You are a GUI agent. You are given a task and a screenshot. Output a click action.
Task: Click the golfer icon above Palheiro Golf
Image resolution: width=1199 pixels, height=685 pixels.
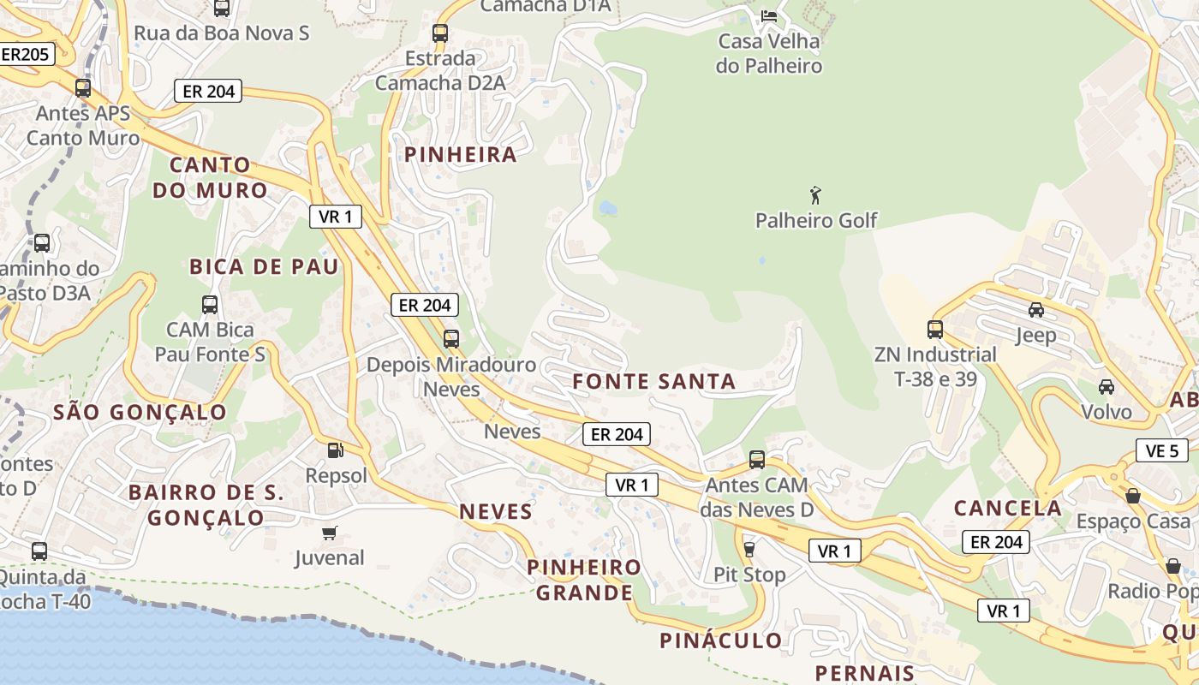pyautogui.click(x=815, y=195)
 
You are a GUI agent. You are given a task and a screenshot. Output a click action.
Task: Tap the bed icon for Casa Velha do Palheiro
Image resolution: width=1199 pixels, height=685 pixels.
pyautogui.click(x=769, y=15)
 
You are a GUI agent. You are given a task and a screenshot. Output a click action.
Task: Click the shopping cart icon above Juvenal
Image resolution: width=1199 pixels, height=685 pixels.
pyautogui.click(x=329, y=533)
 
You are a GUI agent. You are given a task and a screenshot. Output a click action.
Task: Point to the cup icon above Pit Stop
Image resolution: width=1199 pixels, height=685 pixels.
pyautogui.click(x=749, y=549)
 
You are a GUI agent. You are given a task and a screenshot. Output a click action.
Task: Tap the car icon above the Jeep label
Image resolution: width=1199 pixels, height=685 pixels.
pyautogui.click(x=1035, y=309)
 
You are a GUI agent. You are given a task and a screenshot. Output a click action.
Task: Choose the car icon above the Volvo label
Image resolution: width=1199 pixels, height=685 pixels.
pyautogui.click(x=1107, y=386)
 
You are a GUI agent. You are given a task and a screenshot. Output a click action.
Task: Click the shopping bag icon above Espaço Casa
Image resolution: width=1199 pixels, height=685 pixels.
pyautogui.click(x=1133, y=496)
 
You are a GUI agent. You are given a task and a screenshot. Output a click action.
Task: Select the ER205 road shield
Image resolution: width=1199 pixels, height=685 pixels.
pyautogui.click(x=26, y=54)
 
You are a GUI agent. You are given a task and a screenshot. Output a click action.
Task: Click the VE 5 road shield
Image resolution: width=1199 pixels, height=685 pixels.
pyautogui.click(x=1161, y=450)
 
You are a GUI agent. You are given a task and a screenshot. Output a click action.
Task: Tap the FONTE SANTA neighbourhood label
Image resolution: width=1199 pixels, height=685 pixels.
pyautogui.click(x=654, y=382)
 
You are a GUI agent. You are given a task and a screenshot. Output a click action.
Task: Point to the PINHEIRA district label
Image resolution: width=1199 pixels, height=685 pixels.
pyautogui.click(x=461, y=155)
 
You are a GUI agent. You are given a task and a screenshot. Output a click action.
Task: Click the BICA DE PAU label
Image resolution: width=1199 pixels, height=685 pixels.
pyautogui.click(x=265, y=267)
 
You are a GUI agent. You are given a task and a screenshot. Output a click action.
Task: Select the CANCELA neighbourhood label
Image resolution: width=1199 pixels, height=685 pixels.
pyautogui.click(x=1008, y=508)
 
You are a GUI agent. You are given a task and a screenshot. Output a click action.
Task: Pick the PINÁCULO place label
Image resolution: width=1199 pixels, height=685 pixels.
pyautogui.click(x=721, y=640)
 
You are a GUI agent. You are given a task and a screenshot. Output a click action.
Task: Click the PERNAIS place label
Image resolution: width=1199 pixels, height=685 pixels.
pyautogui.click(x=865, y=673)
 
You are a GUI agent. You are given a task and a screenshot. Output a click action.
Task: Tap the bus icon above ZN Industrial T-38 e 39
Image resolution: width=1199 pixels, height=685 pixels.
pyautogui.click(x=935, y=329)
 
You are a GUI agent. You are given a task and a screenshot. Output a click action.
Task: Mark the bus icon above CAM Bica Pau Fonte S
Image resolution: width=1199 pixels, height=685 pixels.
pyautogui.click(x=210, y=304)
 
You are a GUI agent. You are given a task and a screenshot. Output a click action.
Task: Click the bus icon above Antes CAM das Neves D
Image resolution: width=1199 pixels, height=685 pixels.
pyautogui.click(x=757, y=460)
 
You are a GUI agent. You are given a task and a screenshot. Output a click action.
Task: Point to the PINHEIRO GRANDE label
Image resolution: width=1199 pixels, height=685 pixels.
pyautogui.click(x=584, y=580)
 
